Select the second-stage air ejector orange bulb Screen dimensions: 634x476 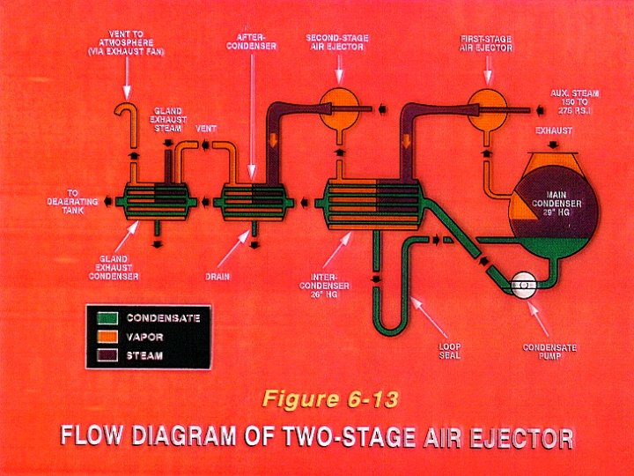335,105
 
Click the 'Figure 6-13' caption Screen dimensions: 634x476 329,398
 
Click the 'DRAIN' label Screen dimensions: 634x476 217,276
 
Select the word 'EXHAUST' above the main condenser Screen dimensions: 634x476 554,131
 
